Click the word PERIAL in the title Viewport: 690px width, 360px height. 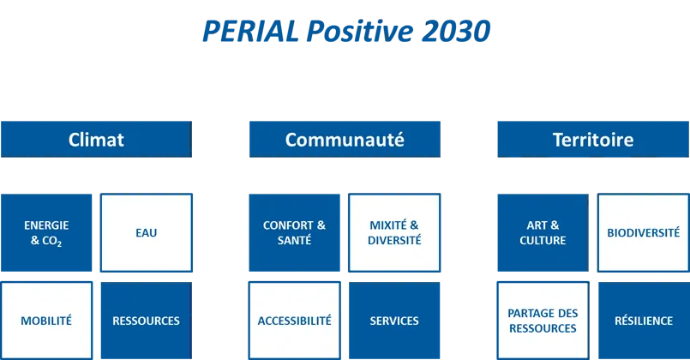(x=250, y=31)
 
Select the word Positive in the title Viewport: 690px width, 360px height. (x=360, y=31)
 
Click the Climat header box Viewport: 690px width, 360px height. (x=96, y=140)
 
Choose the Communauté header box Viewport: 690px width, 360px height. (x=345, y=140)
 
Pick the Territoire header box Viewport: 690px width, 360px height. (x=593, y=140)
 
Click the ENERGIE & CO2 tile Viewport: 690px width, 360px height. (x=46, y=233)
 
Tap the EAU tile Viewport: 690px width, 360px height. (x=147, y=233)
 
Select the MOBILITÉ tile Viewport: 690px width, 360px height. (x=46, y=321)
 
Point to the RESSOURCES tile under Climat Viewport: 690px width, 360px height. (x=147, y=321)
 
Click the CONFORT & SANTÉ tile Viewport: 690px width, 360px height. (x=294, y=233)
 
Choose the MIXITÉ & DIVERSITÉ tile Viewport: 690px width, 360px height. (x=394, y=233)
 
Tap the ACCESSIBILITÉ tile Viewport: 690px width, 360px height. (x=294, y=321)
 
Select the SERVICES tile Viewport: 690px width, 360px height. (x=394, y=321)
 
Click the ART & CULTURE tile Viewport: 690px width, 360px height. (x=543, y=233)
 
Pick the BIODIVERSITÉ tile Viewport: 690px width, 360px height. (x=644, y=233)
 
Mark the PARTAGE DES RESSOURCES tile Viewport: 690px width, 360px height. (x=543, y=321)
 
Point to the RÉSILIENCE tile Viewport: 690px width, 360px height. (x=644, y=321)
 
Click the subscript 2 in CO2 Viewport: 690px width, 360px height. (x=59, y=244)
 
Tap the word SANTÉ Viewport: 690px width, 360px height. (x=294, y=240)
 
